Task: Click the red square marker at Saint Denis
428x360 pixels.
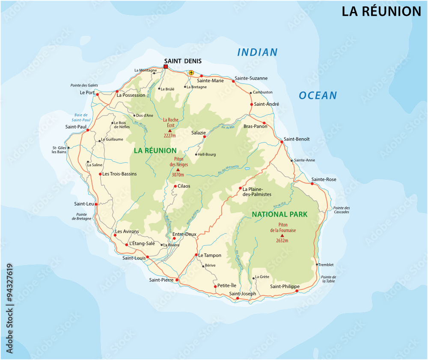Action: [x=166, y=66]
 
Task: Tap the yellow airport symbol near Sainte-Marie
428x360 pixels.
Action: [x=191, y=73]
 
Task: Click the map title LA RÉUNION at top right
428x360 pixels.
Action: [x=381, y=12]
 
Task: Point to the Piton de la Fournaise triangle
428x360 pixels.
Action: [x=282, y=235]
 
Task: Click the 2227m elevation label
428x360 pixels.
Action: [x=170, y=136]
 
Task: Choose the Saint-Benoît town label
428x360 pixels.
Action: [x=297, y=139]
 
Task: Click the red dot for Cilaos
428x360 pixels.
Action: [x=175, y=186]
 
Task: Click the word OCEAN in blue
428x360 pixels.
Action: [x=318, y=95]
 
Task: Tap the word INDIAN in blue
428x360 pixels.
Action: [x=257, y=53]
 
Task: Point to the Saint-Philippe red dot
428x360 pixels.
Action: [x=297, y=291]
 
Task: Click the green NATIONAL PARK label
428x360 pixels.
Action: [x=279, y=214]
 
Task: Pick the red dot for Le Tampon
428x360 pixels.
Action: [x=196, y=255]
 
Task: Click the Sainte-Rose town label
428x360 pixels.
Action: [x=324, y=179]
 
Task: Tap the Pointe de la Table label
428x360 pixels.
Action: [x=328, y=279]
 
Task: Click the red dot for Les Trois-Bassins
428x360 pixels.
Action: [x=100, y=174]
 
